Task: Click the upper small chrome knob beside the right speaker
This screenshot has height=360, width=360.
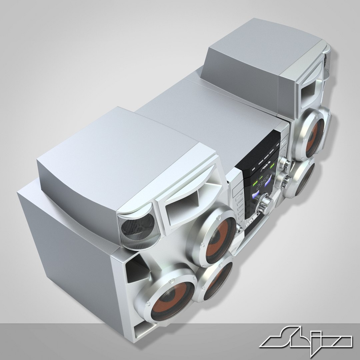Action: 285,163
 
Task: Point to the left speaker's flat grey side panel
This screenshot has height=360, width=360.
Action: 67,253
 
